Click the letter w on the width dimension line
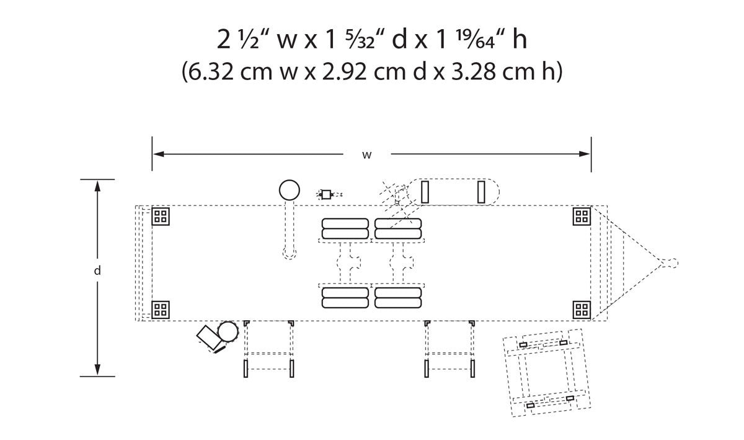click(x=366, y=155)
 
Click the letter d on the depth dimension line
click(x=97, y=271)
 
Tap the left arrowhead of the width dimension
click(x=159, y=154)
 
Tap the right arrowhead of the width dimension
click(x=584, y=154)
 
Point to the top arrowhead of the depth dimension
click(x=97, y=186)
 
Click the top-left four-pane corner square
click(x=161, y=217)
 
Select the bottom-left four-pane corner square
click(x=161, y=310)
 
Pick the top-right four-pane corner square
click(x=582, y=217)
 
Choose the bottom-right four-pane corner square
click(x=582, y=310)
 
